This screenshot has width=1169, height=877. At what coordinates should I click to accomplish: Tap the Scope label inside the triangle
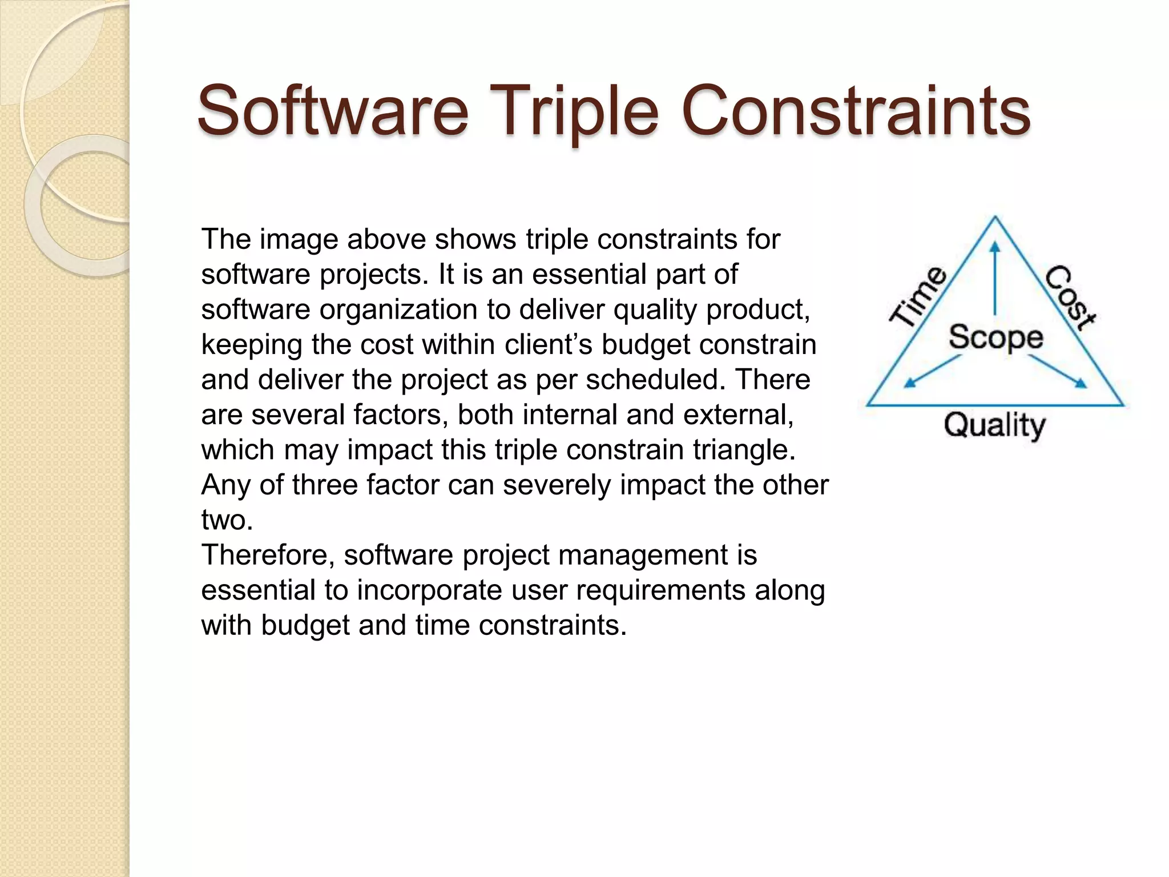[x=995, y=337]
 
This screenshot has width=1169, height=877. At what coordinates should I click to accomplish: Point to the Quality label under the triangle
[x=994, y=425]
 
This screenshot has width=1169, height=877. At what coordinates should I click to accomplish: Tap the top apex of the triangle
[x=995, y=218]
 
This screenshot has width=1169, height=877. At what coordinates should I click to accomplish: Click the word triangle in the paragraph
[x=744, y=450]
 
